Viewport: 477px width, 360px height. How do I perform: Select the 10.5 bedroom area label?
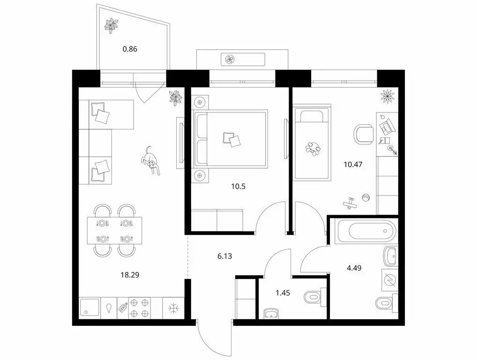[238, 186]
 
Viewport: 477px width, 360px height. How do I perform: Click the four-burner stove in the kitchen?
[139, 308]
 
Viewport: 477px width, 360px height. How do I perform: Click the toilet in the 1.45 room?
[313, 296]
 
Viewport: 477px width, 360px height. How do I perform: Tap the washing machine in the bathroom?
[390, 280]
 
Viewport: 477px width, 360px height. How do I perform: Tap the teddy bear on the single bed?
[313, 149]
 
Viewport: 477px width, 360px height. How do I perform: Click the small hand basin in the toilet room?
[270, 313]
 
